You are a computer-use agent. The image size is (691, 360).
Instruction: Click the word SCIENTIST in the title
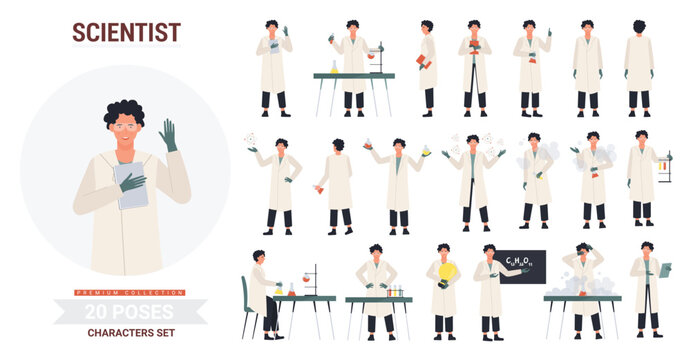point(126,32)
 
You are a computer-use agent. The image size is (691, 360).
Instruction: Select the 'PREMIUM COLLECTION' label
point(130,292)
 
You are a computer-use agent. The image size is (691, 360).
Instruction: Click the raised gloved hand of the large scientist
point(168,134)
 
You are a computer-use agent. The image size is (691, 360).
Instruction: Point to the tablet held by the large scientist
point(131,185)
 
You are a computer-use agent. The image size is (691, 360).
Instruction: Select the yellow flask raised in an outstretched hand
point(426,149)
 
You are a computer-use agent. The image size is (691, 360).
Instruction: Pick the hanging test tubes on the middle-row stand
point(663,166)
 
